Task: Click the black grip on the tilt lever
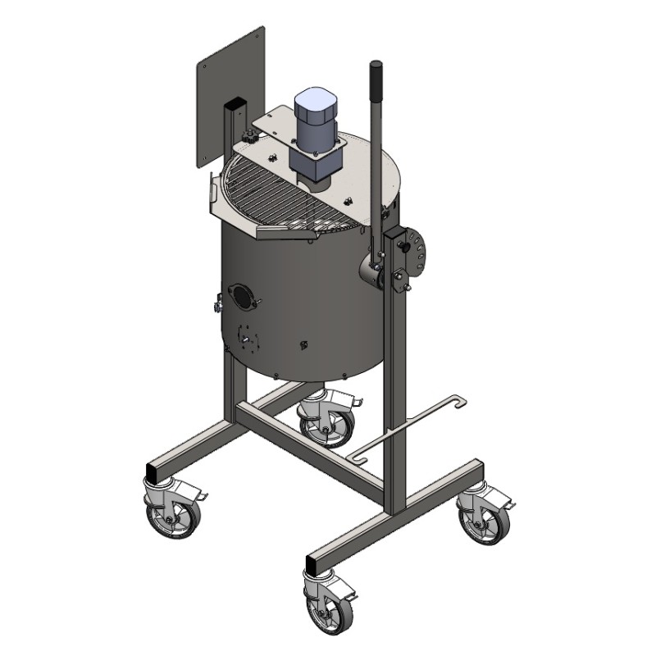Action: point(376,80)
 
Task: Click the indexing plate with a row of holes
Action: point(419,250)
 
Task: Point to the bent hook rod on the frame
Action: point(410,426)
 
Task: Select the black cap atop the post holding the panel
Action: point(235,104)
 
